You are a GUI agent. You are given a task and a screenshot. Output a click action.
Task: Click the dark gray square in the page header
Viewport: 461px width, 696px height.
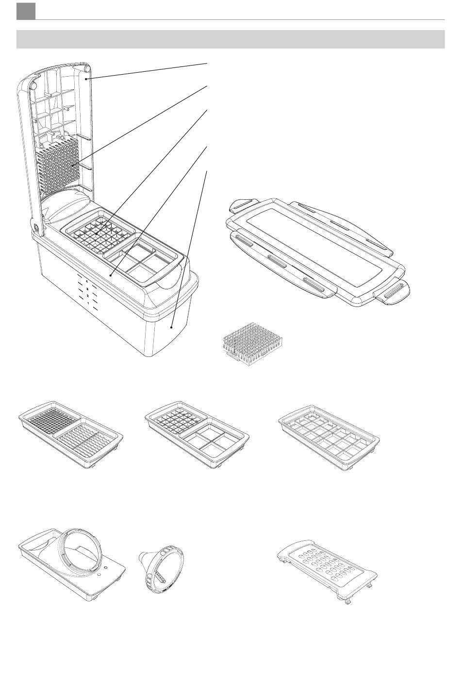click(26, 12)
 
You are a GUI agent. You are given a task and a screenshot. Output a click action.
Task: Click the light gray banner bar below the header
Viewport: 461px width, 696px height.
click(230, 39)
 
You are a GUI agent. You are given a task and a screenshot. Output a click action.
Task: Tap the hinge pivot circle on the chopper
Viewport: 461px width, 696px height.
click(35, 227)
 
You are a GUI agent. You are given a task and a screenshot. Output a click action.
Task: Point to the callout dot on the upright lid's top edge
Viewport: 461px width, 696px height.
click(87, 77)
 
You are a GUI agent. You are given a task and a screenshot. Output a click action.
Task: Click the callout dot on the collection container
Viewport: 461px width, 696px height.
click(172, 327)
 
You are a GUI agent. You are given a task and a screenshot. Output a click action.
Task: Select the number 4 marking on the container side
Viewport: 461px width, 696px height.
click(87, 281)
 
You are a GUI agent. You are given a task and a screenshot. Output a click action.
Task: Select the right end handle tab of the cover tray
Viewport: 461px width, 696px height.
click(392, 293)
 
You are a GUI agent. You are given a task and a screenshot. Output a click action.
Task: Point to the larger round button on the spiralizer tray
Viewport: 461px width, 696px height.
click(106, 567)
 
